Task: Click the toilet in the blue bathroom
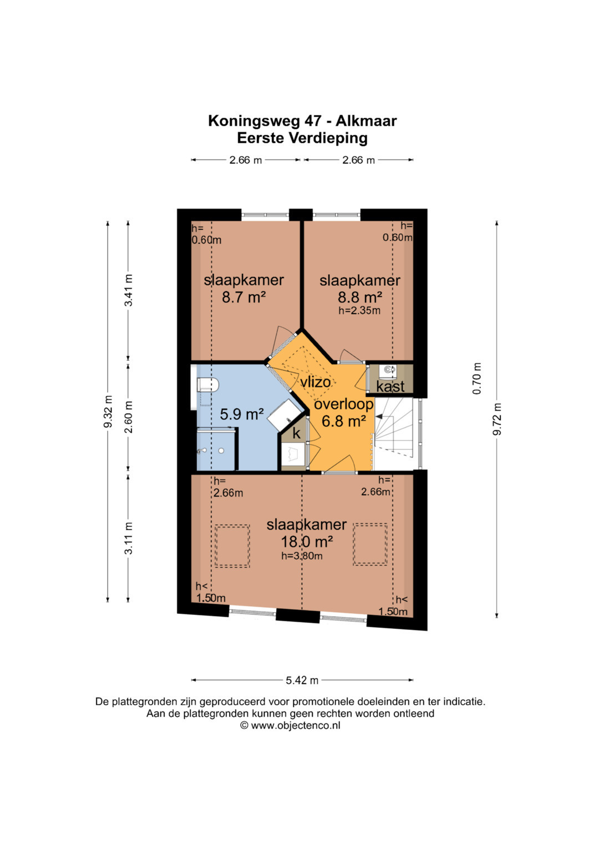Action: [207, 385]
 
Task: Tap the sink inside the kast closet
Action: [389, 371]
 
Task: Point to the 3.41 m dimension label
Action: [129, 290]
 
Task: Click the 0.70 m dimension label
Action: [477, 378]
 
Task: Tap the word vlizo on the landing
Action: [316, 382]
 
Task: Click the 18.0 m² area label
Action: [307, 542]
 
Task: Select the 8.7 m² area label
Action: [243, 297]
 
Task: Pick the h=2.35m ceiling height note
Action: [359, 310]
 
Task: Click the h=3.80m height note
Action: [302, 556]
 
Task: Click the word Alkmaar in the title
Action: [367, 121]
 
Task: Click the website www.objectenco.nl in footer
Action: [295, 726]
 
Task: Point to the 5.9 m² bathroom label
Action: [242, 415]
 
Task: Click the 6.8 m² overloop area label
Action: [344, 421]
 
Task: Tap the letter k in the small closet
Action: [297, 434]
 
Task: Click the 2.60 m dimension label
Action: [129, 417]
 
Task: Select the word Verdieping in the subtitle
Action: [328, 139]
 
